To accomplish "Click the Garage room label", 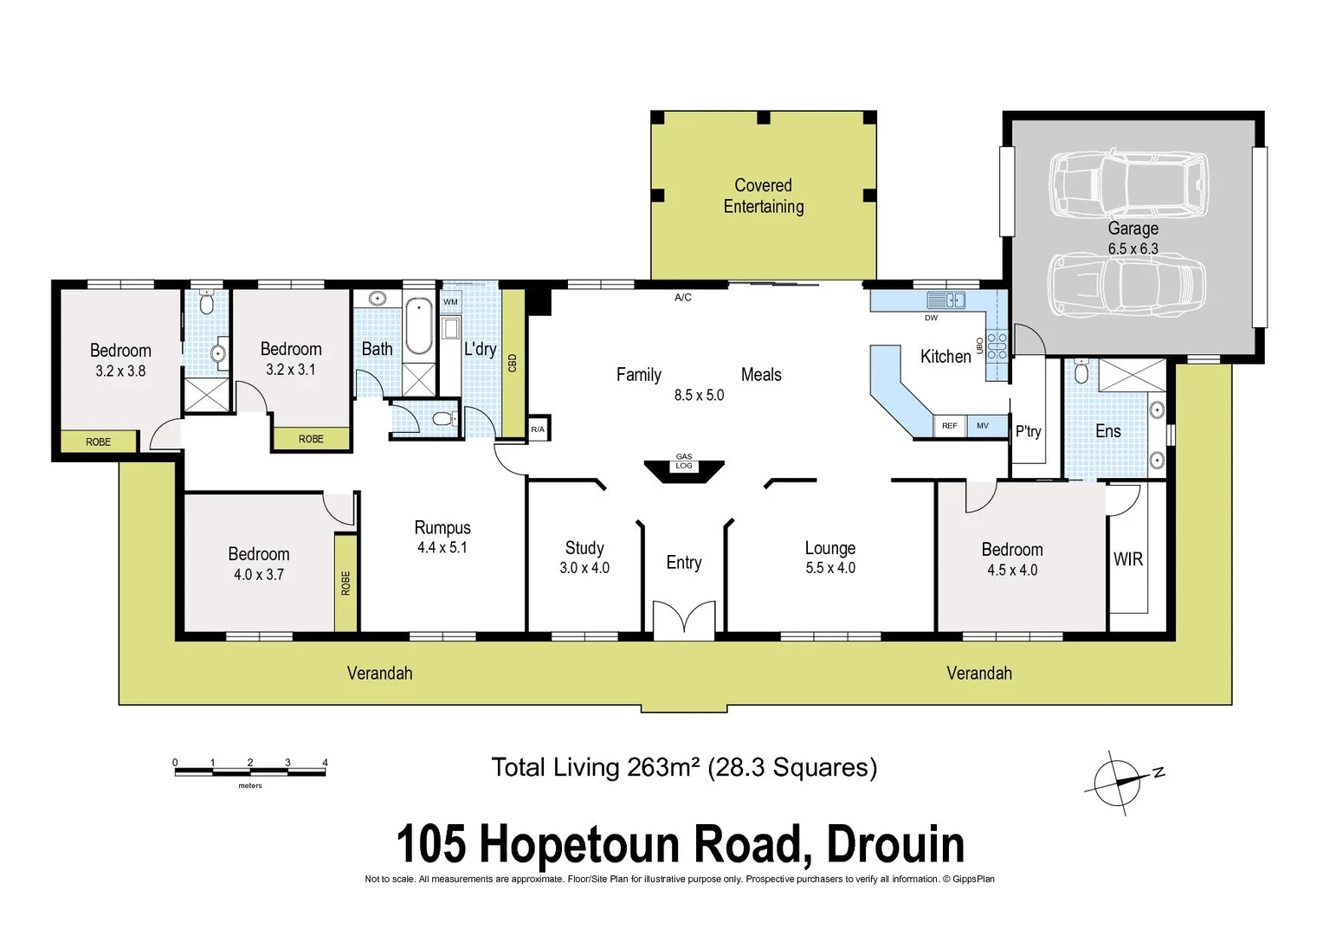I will point(1133,229).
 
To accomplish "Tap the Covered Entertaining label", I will point(763,196).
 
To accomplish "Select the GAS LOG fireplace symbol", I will point(683,468).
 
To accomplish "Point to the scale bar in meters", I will point(250,770).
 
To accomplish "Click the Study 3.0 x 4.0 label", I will point(584,557).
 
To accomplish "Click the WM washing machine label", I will point(450,302).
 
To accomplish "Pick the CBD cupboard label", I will point(513,363).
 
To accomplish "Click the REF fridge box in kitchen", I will point(949,426).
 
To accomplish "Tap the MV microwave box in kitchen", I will point(983,426).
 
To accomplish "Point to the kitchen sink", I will point(945,300).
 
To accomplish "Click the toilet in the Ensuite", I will point(1080,371).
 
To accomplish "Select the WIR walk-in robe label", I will point(1127,559).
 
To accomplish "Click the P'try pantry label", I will point(1028,431).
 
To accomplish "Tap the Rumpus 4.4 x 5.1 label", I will point(442,537).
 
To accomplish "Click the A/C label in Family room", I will point(683,298).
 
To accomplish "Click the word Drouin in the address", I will point(895,844).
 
